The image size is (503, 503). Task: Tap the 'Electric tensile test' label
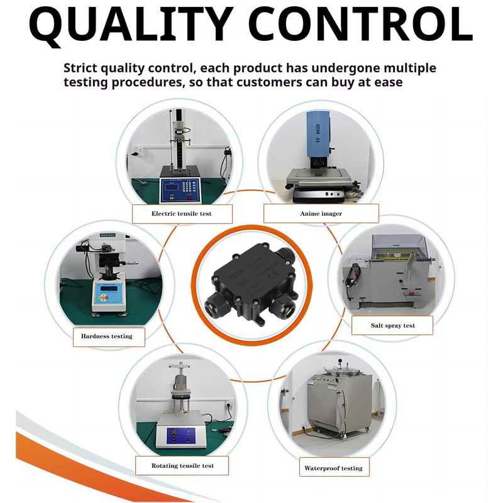point(182,214)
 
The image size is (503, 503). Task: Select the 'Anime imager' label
point(321,214)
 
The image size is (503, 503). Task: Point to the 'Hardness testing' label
point(107,336)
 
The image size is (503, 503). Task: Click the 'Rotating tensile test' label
point(182,466)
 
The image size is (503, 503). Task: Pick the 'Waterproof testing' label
point(333,468)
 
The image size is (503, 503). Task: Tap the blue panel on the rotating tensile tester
point(180,434)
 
